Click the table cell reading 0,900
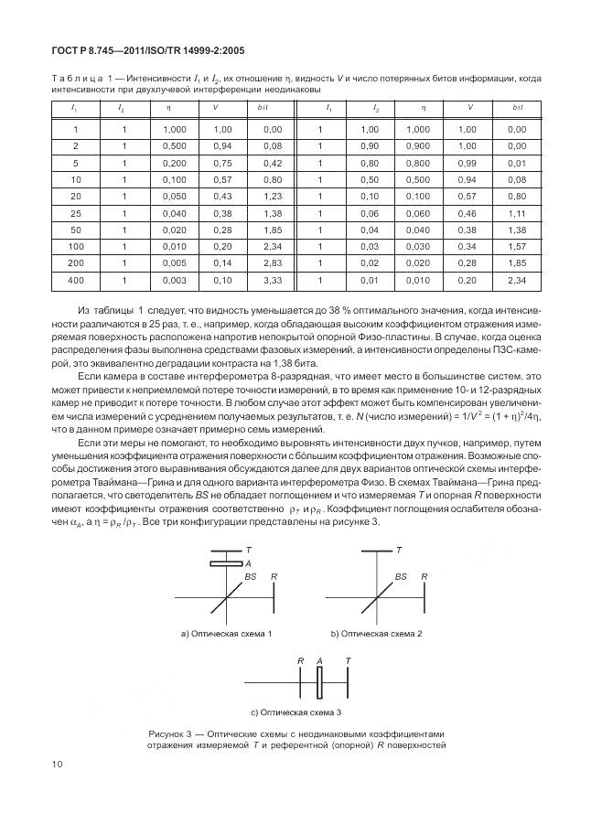[418, 146]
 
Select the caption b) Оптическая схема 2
[374, 633]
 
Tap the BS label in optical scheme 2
[401, 578]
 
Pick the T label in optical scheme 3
[347, 660]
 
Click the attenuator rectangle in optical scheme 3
[320, 681]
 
